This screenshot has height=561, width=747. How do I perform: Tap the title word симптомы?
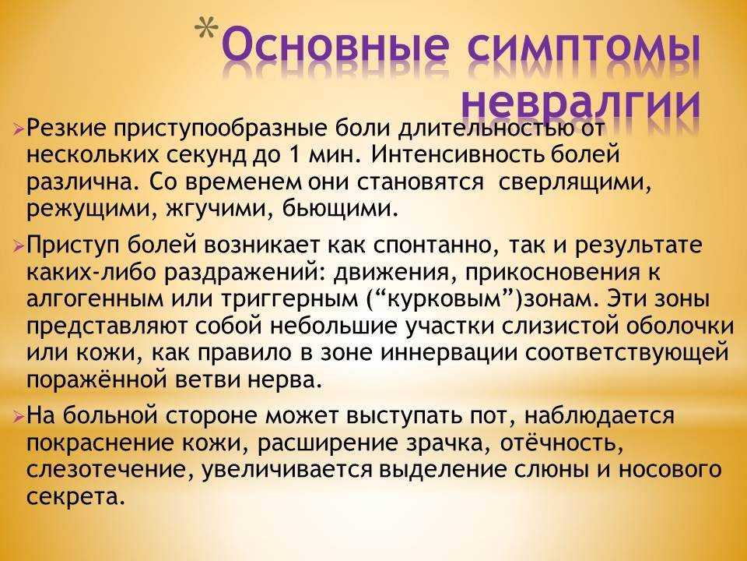(x=584, y=49)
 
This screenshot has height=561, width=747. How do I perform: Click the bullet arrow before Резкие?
(x=18, y=129)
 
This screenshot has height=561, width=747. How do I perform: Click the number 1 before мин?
(x=294, y=155)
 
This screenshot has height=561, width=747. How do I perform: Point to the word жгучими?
(x=219, y=210)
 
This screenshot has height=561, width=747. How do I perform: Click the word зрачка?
(x=447, y=444)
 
